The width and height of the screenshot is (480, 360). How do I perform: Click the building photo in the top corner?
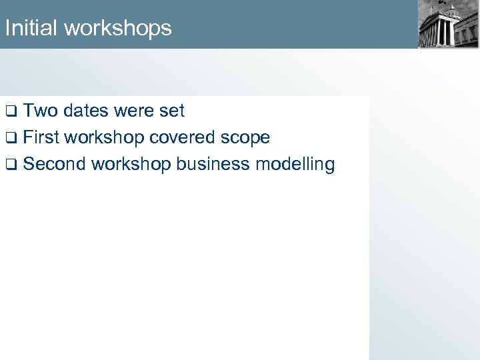[x=447, y=24]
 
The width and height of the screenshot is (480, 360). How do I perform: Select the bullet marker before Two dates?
[x=10, y=111]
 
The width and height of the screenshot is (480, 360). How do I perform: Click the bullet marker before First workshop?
[x=10, y=138]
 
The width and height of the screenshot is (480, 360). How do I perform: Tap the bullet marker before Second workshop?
[x=10, y=165]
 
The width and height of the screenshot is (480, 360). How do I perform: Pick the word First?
[x=41, y=137]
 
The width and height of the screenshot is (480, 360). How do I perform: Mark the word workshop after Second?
[x=131, y=165]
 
